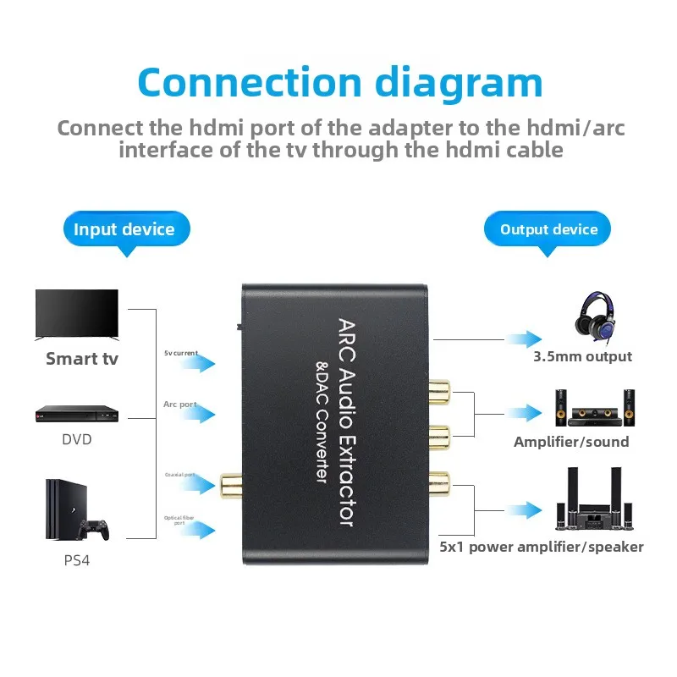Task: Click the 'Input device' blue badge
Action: pos(124,229)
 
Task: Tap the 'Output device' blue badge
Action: pos(548,229)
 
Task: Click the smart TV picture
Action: pos(76,315)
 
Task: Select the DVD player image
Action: pos(76,414)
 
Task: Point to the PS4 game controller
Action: pos(94,530)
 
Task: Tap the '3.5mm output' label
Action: pos(582,356)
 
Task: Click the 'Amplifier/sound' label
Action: pos(571,442)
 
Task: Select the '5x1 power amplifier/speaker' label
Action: pos(542,547)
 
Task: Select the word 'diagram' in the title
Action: pos(456,82)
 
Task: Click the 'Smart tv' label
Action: pos(82,358)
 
